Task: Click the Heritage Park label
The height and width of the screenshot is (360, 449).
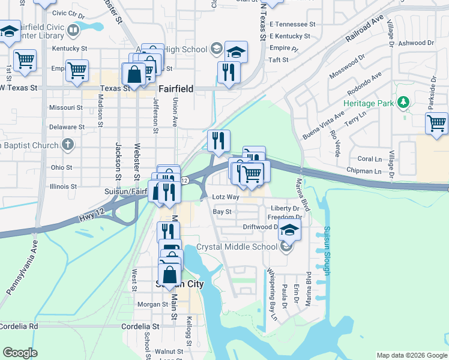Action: pyautogui.click(x=369, y=103)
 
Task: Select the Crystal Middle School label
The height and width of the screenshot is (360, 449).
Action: pyautogui.click(x=237, y=247)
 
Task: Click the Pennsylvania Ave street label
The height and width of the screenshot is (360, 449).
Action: pyautogui.click(x=23, y=267)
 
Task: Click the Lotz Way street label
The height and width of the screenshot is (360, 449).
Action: pyautogui.click(x=226, y=197)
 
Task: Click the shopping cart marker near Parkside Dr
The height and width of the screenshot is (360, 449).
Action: pyautogui.click(x=436, y=124)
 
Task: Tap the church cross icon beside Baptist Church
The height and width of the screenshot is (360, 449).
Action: pyautogui.click(x=67, y=145)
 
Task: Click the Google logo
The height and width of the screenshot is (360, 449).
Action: pyautogui.click(x=20, y=353)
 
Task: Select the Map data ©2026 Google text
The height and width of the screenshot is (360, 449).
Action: pyautogui.click(x=412, y=355)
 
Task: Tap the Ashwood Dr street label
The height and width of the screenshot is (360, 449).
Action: pyautogui.click(x=415, y=43)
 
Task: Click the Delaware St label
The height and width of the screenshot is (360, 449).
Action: pyautogui.click(x=67, y=127)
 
